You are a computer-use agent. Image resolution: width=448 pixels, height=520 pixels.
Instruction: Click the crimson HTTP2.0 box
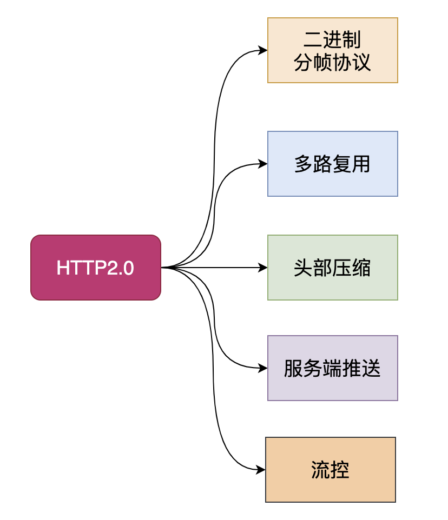click(x=96, y=268)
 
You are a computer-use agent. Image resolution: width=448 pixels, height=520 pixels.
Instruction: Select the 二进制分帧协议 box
click(x=333, y=50)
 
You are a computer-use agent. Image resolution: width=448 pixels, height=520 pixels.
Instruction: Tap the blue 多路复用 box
click(x=333, y=164)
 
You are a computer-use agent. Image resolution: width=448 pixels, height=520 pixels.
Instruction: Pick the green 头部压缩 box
click(x=333, y=268)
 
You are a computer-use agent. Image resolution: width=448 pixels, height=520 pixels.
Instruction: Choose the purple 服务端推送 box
click(x=333, y=368)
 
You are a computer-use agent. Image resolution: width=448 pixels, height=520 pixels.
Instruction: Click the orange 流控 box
click(x=331, y=470)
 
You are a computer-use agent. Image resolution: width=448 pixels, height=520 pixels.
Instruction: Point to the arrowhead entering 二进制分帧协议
click(x=263, y=50)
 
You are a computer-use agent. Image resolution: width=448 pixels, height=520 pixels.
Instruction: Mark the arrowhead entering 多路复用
click(x=263, y=164)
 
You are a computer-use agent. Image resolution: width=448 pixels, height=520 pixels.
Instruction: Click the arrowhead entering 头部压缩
click(x=263, y=268)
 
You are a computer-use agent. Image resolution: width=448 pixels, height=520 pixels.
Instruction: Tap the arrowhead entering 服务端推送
click(x=263, y=368)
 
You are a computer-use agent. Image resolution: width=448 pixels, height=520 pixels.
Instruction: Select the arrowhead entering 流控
click(x=261, y=470)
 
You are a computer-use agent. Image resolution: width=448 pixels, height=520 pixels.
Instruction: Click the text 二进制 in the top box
click(x=332, y=40)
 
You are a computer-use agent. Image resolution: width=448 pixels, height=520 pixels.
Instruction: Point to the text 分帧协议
click(x=332, y=62)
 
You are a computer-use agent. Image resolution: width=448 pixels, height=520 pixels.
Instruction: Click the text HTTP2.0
click(x=95, y=268)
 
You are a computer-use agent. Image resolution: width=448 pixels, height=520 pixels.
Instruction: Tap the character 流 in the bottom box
click(x=321, y=470)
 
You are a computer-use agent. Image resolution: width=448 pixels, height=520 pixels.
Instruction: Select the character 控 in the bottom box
click(x=340, y=470)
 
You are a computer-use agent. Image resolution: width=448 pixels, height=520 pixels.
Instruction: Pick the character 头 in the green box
click(x=304, y=268)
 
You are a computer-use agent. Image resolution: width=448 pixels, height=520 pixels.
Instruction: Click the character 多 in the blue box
click(x=304, y=164)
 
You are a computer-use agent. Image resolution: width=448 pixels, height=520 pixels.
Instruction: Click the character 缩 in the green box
click(x=361, y=268)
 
